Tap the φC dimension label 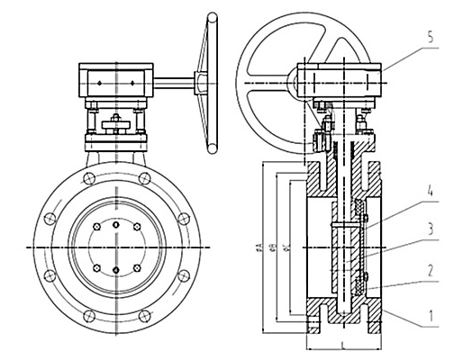(285, 245)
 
